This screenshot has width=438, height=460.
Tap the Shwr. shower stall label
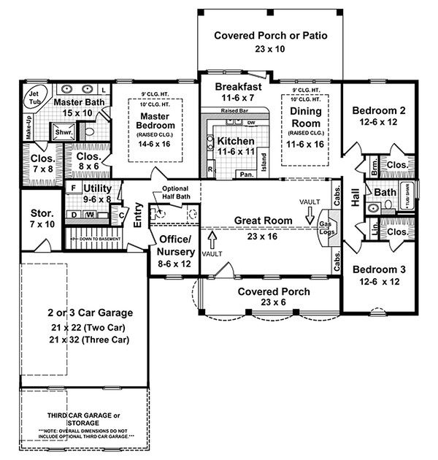tap(59, 131)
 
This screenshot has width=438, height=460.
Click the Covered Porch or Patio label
tap(270, 35)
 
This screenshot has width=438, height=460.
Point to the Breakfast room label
tap(235, 86)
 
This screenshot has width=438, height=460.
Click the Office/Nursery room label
tap(176, 245)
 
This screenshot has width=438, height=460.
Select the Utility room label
tap(97, 188)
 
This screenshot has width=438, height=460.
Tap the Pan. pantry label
tap(246, 175)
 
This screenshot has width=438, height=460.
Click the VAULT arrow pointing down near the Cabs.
tap(310, 214)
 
